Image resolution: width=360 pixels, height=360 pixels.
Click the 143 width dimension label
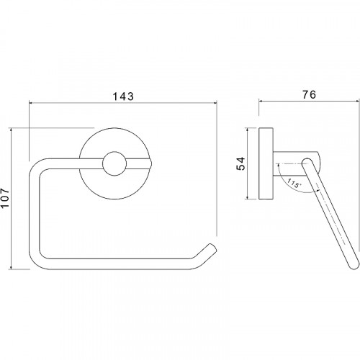point(123,96)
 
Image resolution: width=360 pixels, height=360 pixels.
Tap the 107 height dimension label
point(5,198)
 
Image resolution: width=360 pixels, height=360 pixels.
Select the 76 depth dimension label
point(309,95)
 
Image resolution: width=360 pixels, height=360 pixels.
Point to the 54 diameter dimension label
point(240,163)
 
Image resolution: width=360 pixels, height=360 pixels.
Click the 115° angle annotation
point(294,183)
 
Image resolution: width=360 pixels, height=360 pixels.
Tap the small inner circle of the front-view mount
point(114,163)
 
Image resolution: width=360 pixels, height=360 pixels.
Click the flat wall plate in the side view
point(266,163)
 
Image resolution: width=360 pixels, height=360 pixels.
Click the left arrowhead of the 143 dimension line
point(31,103)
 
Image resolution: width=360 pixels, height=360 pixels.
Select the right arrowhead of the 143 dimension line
point(215,103)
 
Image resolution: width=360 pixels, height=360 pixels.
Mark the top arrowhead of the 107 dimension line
point(12,130)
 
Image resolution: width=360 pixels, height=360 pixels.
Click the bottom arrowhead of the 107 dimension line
point(12,266)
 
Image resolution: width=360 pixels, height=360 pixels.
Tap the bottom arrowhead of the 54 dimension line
point(247,197)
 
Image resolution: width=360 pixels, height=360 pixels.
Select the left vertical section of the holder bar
point(34,214)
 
